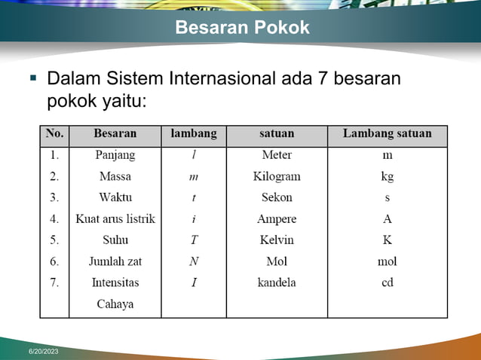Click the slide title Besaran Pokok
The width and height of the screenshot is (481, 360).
(242, 28)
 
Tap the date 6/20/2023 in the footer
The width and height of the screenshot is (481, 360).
(44, 352)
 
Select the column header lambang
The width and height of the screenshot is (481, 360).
(194, 134)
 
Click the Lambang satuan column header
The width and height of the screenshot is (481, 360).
(387, 134)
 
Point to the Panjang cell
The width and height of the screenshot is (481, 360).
(115, 155)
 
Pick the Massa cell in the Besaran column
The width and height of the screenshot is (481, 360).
(115, 176)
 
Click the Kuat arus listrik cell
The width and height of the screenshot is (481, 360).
(115, 219)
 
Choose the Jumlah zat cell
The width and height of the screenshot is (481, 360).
(115, 261)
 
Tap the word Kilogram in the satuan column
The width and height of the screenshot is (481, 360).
(277, 176)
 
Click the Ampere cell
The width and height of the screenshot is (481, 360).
(277, 219)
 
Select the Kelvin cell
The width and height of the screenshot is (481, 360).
(277, 240)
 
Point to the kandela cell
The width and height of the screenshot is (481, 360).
(277, 282)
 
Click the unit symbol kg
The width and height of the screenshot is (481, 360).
(387, 177)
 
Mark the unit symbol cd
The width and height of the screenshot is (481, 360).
(387, 282)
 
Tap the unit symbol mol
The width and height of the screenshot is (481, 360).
(387, 261)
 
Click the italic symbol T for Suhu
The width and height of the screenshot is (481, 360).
(194, 240)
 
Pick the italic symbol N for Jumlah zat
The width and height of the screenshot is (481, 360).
(194, 261)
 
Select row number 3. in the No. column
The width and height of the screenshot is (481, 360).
(54, 197)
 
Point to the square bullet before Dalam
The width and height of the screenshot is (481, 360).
(33, 78)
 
